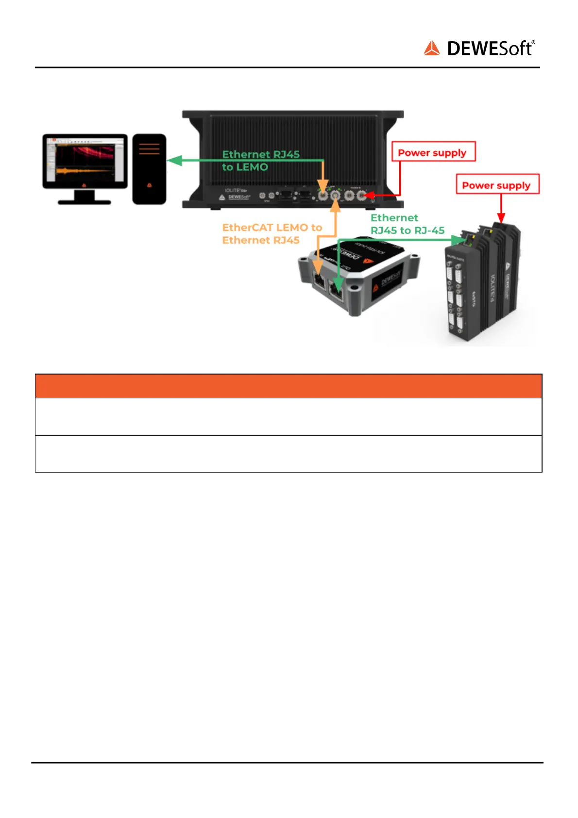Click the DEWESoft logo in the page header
click(479, 49)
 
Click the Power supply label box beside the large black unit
click(433, 152)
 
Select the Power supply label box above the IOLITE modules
click(497, 185)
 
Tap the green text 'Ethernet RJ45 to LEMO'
click(260, 161)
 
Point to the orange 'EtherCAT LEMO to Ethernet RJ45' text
click(272, 234)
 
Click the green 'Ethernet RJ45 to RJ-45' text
click(407, 224)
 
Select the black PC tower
click(149, 169)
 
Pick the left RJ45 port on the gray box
click(319, 281)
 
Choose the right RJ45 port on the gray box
click(337, 290)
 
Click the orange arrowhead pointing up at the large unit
click(335, 206)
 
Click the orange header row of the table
click(288, 386)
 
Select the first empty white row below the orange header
click(288, 416)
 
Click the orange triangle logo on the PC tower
click(149, 185)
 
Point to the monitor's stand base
click(85, 201)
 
